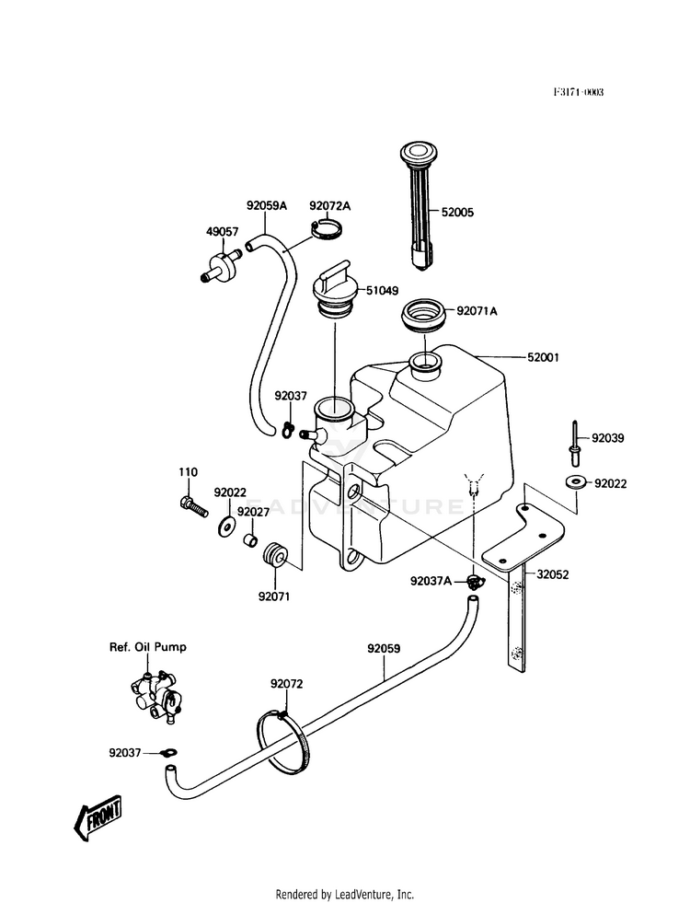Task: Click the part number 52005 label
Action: click(457, 212)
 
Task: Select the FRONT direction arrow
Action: click(98, 817)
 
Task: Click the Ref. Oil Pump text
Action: click(148, 647)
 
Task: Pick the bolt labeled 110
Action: click(193, 507)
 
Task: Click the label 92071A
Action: click(477, 311)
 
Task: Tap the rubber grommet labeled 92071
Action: click(274, 554)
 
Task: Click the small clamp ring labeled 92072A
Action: click(327, 230)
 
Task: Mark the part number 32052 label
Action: click(553, 574)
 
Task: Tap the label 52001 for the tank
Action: click(543, 357)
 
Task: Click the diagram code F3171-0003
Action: click(579, 92)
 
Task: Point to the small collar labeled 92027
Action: click(250, 541)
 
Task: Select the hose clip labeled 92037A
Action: click(475, 583)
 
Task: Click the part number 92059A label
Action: click(267, 205)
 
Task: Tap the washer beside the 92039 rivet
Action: click(575, 480)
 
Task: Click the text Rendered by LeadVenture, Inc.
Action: click(345, 895)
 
